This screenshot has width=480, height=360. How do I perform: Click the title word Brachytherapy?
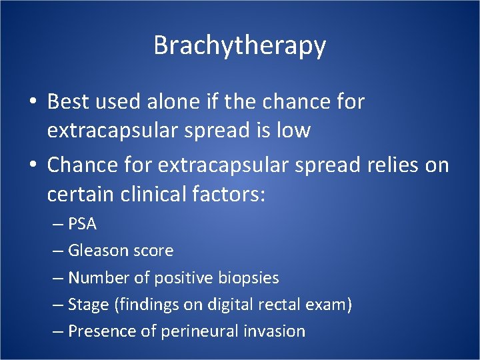click(239, 46)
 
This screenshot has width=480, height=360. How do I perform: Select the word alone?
click(162, 102)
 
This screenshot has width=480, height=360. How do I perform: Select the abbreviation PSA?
click(83, 224)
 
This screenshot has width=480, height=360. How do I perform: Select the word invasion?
click(274, 331)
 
